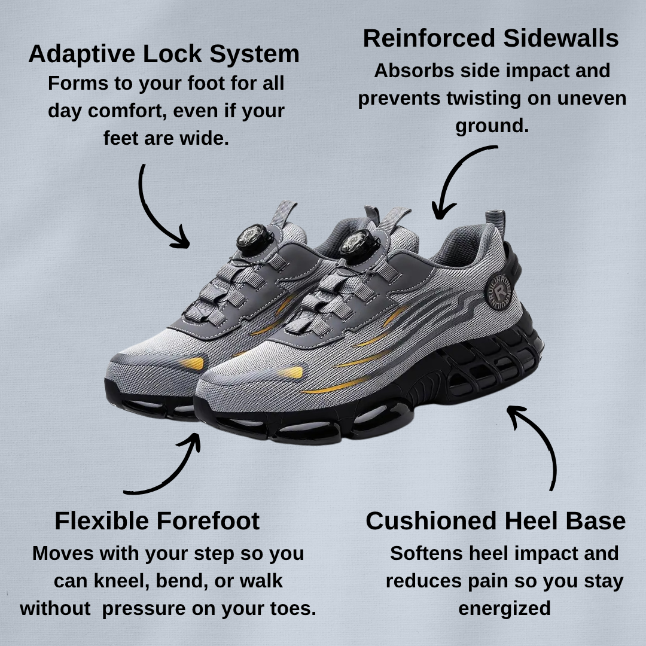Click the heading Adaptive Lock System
[164, 54]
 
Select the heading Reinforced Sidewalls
[490, 38]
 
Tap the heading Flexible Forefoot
[157, 521]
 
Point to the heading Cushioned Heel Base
[496, 521]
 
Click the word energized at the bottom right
[505, 609]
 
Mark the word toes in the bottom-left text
[292, 608]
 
